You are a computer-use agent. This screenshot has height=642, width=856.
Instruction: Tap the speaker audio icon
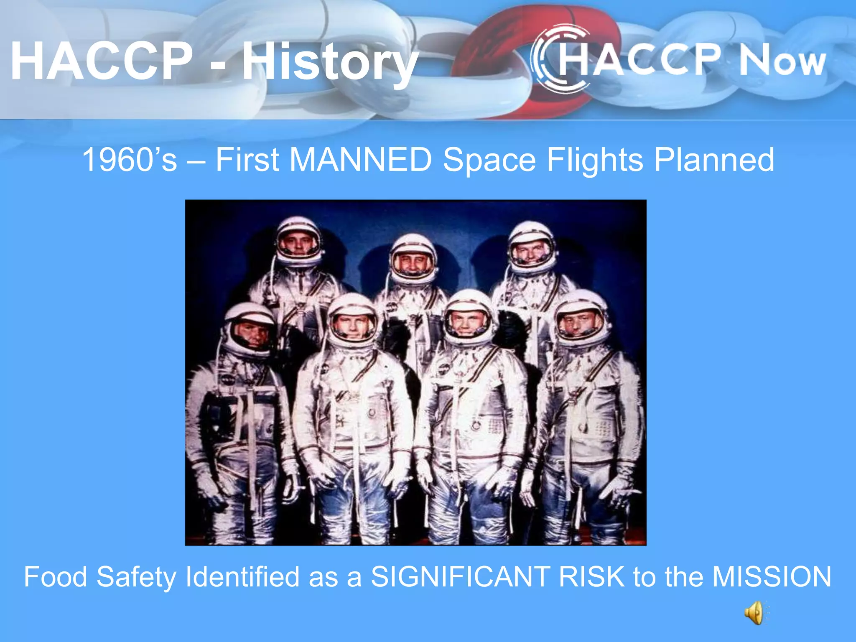755,613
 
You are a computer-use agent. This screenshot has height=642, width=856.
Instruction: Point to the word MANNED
361,160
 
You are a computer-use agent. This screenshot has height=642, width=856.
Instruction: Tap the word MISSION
772,577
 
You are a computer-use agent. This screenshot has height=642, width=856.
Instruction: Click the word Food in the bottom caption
55,577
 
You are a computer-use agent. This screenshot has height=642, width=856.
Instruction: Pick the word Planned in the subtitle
714,160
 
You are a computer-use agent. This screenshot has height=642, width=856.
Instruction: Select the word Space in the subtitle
489,160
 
